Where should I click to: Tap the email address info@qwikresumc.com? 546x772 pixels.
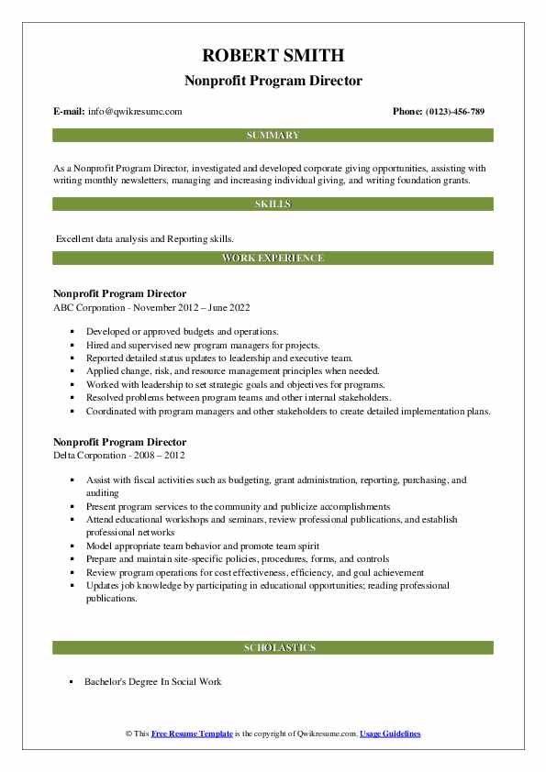135,111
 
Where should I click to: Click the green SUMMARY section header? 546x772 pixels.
273,136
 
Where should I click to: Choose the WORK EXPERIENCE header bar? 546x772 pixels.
273,259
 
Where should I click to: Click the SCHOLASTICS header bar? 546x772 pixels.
273,648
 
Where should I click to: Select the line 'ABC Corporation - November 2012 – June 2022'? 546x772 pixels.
152,307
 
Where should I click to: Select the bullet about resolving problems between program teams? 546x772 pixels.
239,398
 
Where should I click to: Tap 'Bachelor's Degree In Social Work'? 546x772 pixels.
152,682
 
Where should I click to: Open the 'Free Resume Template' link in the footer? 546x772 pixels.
193,734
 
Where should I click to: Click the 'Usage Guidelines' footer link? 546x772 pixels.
390,734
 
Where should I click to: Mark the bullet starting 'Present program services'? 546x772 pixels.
239,505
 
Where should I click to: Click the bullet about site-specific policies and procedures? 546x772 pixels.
239,558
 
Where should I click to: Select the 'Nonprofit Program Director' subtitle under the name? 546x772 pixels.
273,81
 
